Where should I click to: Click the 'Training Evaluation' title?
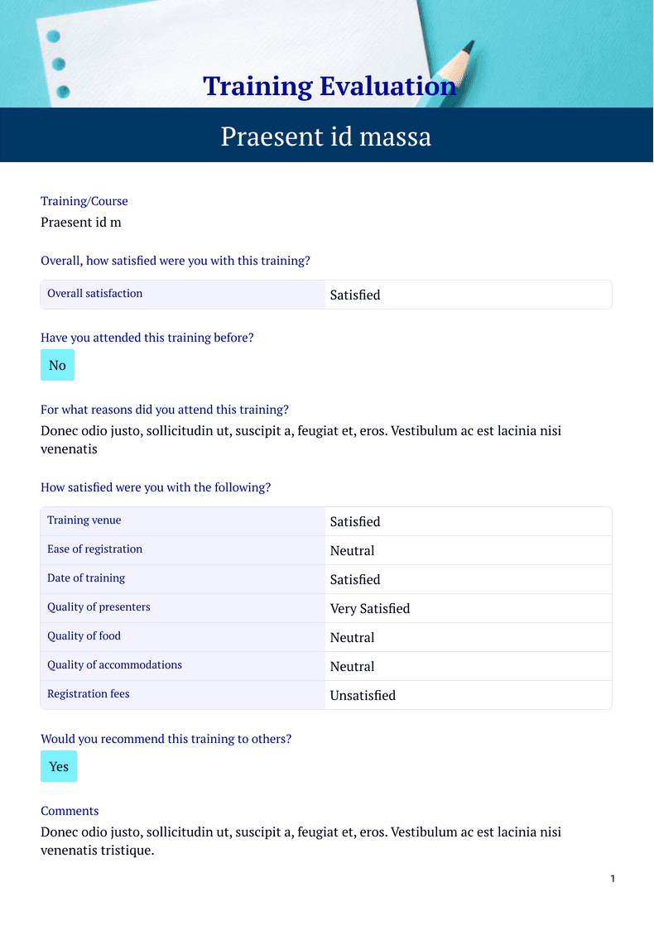[329, 86]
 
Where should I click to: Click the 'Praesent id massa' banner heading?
[325, 136]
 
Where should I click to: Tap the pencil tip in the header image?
[469, 46]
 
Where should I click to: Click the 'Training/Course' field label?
[84, 201]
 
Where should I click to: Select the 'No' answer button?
[57, 365]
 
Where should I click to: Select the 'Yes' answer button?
[59, 766]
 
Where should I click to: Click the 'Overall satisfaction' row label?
[94, 294]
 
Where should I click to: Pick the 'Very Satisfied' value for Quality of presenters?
[369, 608]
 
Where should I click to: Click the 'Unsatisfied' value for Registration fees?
[363, 695]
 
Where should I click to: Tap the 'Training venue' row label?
[84, 520]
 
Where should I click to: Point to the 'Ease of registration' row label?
[94, 549]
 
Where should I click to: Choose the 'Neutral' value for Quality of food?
[352, 637]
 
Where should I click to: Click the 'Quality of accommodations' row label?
[114, 665]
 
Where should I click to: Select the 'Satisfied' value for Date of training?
[355, 579]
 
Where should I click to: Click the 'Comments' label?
[70, 811]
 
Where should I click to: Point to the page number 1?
[613, 879]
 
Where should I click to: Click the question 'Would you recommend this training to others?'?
[166, 739]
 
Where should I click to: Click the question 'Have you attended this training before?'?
[147, 338]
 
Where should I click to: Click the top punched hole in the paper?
[54, 36]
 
